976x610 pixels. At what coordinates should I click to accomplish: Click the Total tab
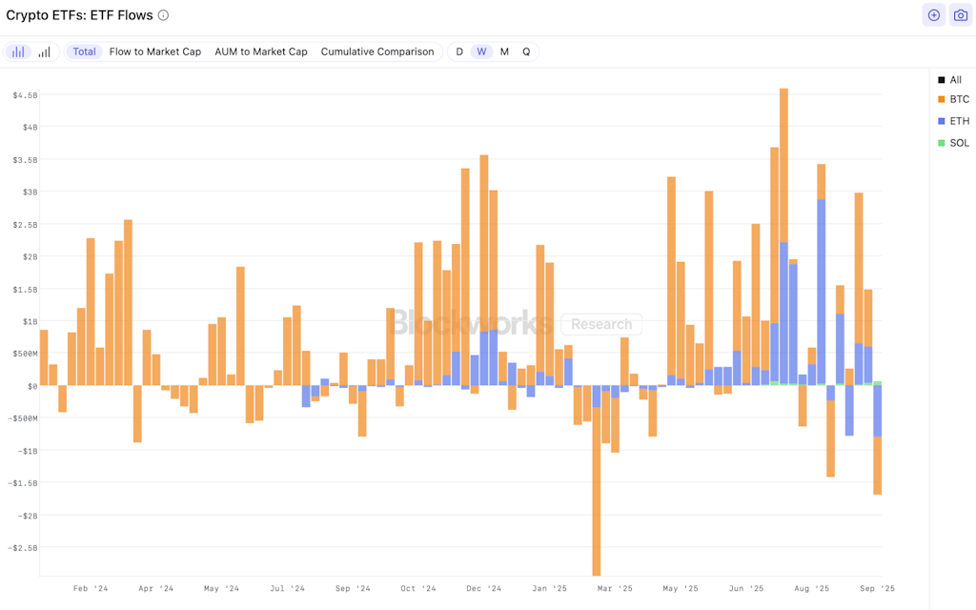pos(84,51)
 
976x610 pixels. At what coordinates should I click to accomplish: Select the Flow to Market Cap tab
pos(155,51)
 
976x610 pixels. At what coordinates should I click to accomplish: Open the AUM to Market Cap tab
pos(261,51)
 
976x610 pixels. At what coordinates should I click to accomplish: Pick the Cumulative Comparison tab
pos(377,51)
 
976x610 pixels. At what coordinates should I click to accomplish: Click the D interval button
pos(459,51)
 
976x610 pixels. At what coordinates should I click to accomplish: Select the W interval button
pos(482,51)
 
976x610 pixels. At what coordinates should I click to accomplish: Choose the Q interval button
pos(526,51)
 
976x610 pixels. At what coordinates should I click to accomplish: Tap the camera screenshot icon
pos(959,15)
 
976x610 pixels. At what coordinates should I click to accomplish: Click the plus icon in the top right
pos(933,15)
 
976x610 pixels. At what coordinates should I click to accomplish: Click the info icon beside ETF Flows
pos(163,15)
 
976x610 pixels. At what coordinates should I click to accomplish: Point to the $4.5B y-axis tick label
pos(25,95)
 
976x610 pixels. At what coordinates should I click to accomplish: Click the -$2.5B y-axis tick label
pos(24,548)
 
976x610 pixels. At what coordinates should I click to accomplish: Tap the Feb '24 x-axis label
pos(91,589)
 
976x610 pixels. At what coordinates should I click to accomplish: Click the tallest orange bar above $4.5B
pos(783,172)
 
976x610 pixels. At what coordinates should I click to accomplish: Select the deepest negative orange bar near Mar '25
pos(597,496)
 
